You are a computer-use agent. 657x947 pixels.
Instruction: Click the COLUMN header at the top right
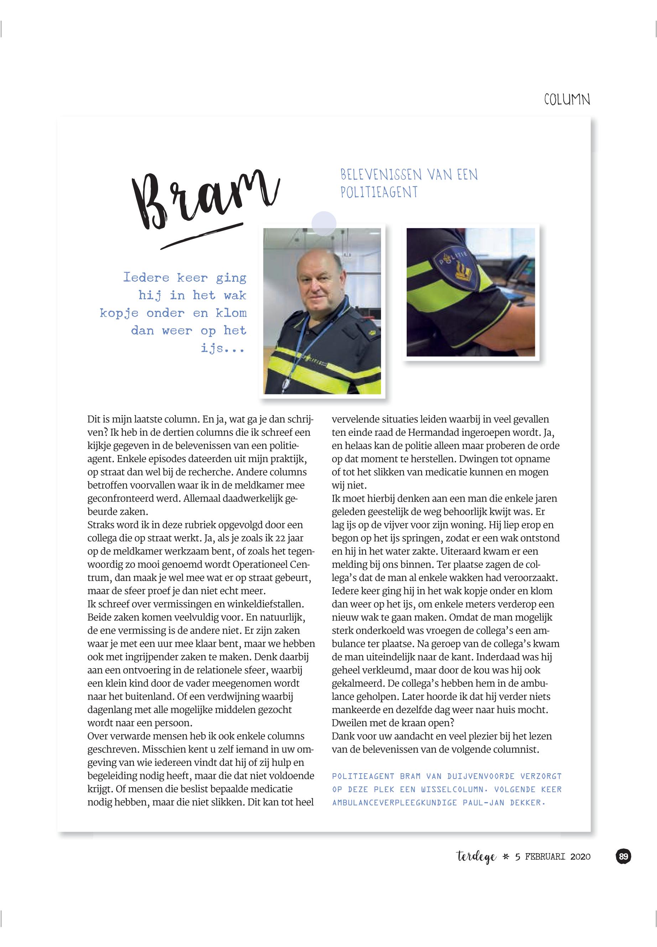click(x=567, y=99)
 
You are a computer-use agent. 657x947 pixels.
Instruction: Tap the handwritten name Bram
click(x=205, y=200)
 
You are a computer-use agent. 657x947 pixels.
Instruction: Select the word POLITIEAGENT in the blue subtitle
click(x=379, y=192)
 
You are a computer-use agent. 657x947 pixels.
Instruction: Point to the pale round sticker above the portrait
click(x=324, y=224)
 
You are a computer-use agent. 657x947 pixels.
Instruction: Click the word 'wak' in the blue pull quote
click(x=235, y=295)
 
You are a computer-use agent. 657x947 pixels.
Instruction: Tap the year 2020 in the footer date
click(x=580, y=857)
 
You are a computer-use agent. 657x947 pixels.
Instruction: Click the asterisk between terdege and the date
click(x=506, y=857)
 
